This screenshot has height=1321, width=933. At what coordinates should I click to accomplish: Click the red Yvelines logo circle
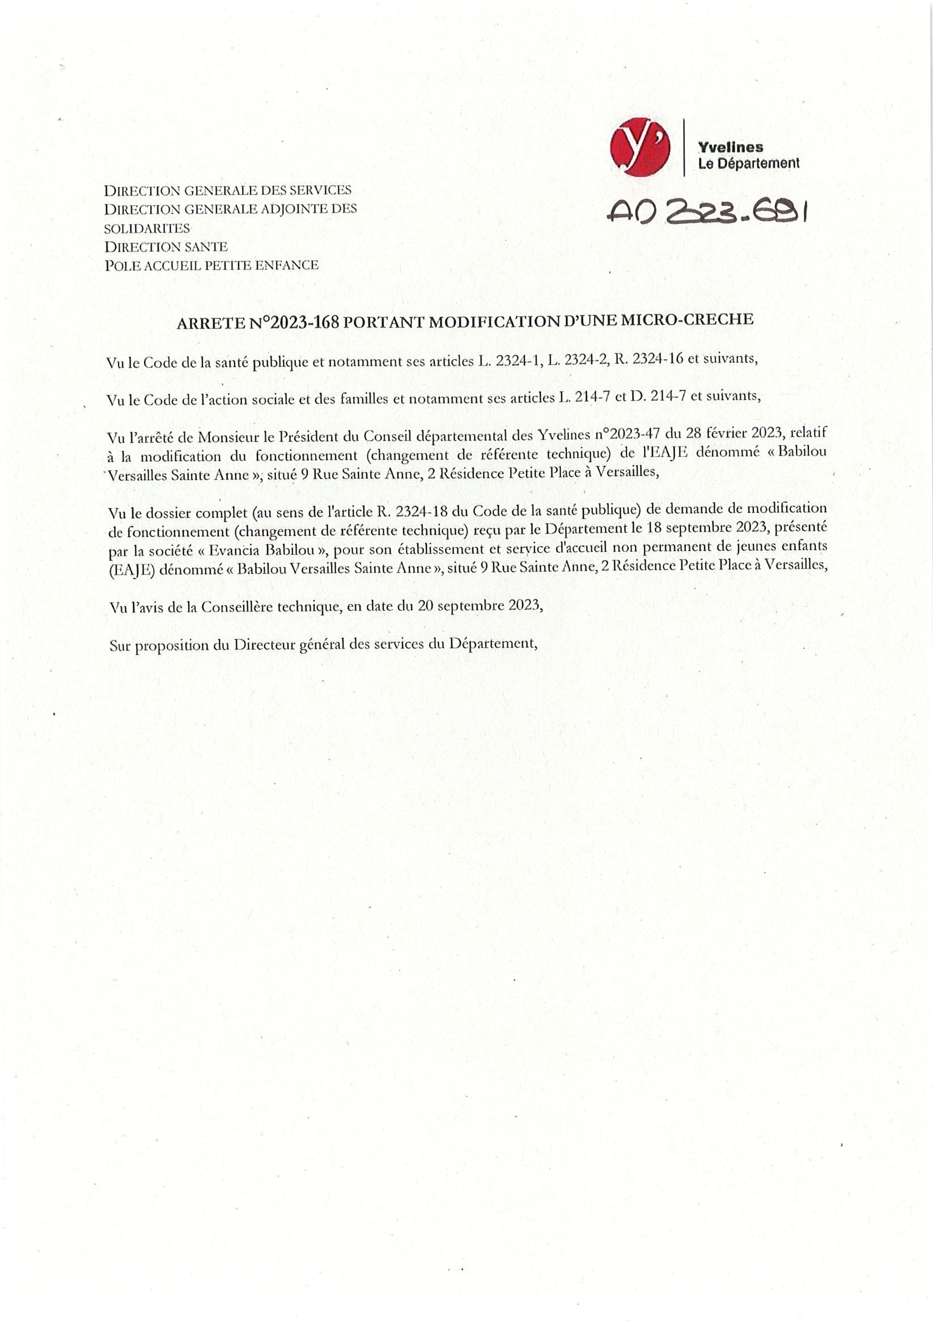coord(640,147)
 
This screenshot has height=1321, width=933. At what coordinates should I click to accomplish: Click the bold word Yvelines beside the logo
coord(731,147)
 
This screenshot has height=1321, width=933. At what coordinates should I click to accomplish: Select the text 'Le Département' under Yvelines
coord(748,163)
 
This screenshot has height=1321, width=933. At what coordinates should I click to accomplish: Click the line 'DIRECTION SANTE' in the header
coord(166,247)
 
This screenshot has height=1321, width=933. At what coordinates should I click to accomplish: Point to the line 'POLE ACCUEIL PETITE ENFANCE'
coord(211,265)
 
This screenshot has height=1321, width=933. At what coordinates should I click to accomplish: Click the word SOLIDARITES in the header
coord(147,228)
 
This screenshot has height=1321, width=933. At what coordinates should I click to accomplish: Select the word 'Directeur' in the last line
coord(264,644)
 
